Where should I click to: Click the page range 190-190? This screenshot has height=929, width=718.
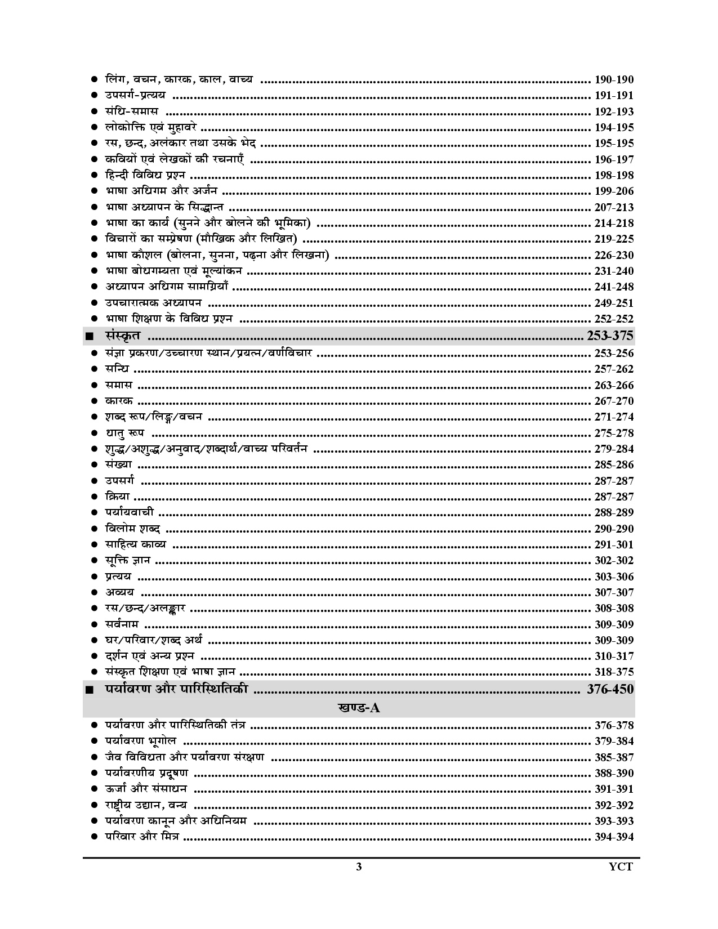click(614, 80)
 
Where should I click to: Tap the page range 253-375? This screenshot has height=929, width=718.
click(610, 336)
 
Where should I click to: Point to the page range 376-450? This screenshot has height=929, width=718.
click(610, 689)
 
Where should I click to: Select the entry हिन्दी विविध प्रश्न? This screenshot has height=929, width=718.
click(145, 175)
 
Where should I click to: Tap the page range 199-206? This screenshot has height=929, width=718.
click(614, 191)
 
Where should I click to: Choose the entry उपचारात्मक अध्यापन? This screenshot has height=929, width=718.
click(153, 303)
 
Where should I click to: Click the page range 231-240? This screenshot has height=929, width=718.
click(614, 271)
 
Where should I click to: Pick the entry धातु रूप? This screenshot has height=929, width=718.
click(124, 433)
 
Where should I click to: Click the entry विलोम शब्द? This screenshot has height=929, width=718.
click(133, 529)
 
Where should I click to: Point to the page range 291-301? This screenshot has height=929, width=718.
click(614, 545)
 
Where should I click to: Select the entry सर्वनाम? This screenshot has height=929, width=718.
click(122, 624)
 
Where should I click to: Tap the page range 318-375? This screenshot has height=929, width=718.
click(614, 672)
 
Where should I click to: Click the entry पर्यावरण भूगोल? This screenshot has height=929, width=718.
click(141, 741)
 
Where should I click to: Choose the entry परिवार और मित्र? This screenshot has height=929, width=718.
click(142, 837)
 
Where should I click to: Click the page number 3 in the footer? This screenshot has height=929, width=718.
click(359, 867)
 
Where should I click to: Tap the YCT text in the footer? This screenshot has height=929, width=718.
click(621, 867)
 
